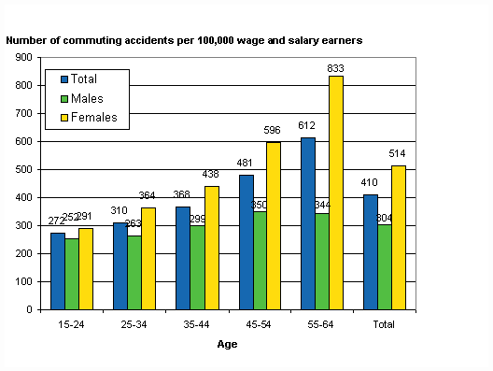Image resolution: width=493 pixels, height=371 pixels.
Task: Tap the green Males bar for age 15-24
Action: coord(72,274)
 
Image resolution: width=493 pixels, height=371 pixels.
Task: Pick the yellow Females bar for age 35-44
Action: coord(211,248)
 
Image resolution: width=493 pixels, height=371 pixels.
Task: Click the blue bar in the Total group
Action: coord(370,252)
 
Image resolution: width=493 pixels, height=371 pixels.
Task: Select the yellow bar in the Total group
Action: coord(399,237)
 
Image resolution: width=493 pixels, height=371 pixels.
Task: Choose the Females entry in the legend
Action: coord(92,117)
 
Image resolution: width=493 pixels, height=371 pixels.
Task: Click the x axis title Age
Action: coord(228,345)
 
